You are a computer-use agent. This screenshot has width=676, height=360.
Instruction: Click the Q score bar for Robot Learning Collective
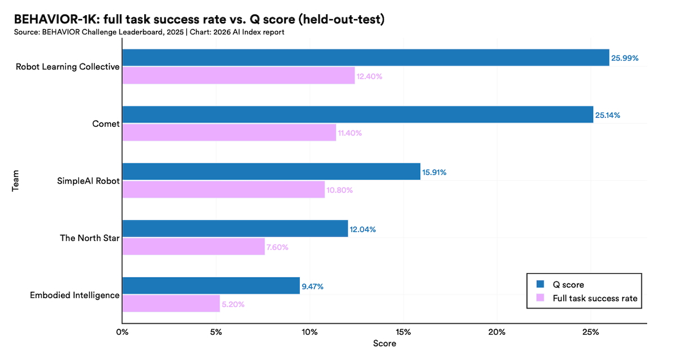click(x=366, y=57)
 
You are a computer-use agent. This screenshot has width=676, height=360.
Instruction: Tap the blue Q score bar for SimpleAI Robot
click(x=271, y=172)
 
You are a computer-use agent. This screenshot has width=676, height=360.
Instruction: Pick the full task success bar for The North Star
click(x=193, y=246)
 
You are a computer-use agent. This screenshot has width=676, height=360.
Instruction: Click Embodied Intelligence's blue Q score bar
click(x=211, y=286)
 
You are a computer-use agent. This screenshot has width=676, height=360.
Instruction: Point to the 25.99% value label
click(x=625, y=58)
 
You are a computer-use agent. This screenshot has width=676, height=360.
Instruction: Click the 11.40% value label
click(x=350, y=134)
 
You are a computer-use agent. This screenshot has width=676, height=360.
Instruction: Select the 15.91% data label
click(x=434, y=172)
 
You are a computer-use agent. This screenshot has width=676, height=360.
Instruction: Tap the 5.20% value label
click(x=234, y=304)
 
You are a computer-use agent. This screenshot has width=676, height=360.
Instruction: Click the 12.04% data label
click(x=363, y=229)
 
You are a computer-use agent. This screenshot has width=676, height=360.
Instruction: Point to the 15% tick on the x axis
click(x=403, y=332)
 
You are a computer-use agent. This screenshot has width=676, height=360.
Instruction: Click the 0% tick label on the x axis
click(x=122, y=332)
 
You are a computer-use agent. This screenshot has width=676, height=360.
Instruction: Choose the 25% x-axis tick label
click(x=590, y=332)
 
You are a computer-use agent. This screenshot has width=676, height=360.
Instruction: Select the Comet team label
click(x=106, y=124)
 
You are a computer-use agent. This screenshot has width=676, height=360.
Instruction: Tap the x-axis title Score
click(x=384, y=344)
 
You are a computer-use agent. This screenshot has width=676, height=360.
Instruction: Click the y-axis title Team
click(x=16, y=180)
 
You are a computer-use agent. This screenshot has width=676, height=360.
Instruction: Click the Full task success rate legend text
click(x=595, y=298)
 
